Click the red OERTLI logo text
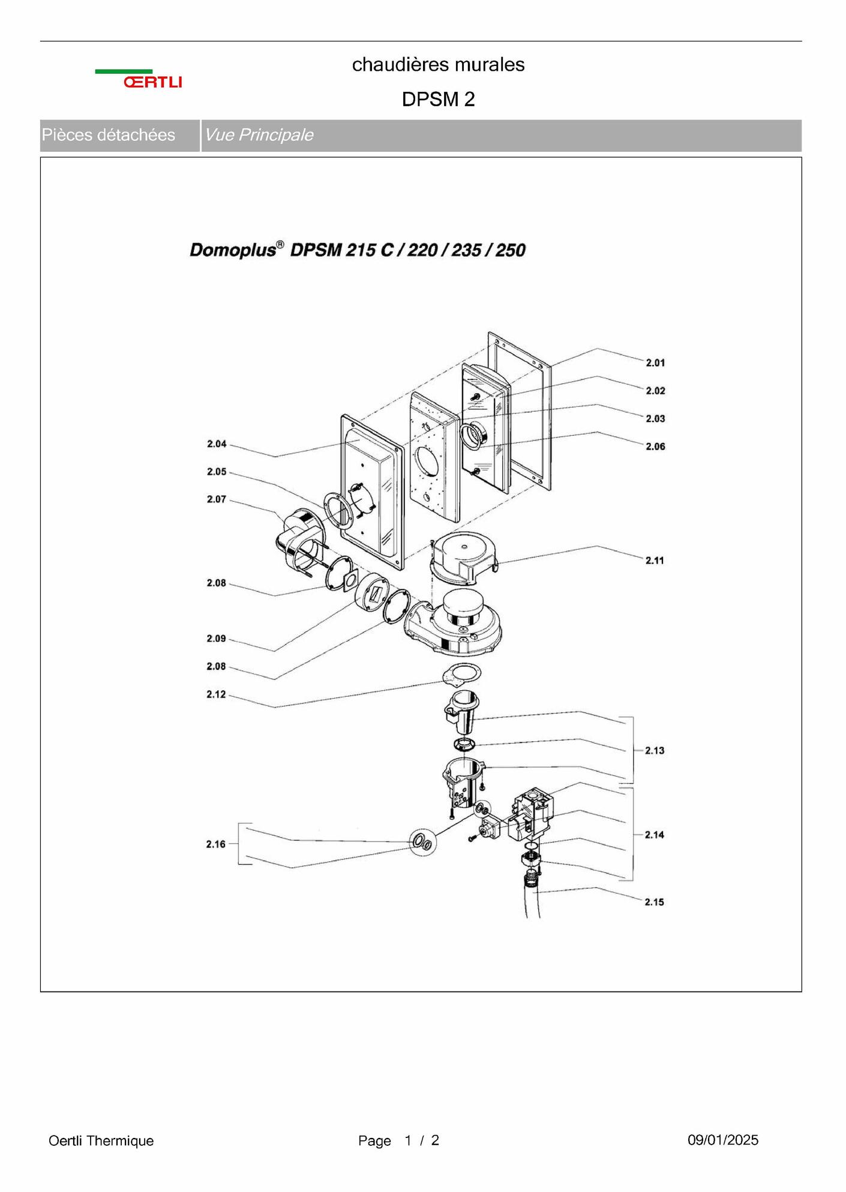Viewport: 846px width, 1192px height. coord(152,82)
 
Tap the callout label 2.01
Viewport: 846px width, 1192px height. coord(655,363)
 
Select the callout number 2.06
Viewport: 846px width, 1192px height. coord(655,447)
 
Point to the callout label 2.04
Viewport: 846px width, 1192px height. coord(217,444)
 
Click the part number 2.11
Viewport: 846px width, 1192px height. coord(655,561)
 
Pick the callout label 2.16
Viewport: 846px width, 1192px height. coord(216,844)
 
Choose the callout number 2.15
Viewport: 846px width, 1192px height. coord(655,902)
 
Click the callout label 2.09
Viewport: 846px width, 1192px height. coord(217,639)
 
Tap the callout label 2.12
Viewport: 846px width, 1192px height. coord(217,694)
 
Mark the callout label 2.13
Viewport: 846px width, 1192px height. coord(655,750)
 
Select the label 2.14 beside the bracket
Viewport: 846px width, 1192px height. coord(655,835)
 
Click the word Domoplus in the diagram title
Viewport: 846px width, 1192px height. coord(233,250)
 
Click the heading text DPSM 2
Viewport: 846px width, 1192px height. coord(439,99)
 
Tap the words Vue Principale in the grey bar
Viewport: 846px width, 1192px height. coord(259,135)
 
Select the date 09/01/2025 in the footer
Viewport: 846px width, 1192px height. coord(723,1140)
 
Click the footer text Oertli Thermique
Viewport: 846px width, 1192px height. coord(101,1140)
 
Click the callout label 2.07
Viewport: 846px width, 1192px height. coord(217,499)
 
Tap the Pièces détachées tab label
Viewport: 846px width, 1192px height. coord(109,135)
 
